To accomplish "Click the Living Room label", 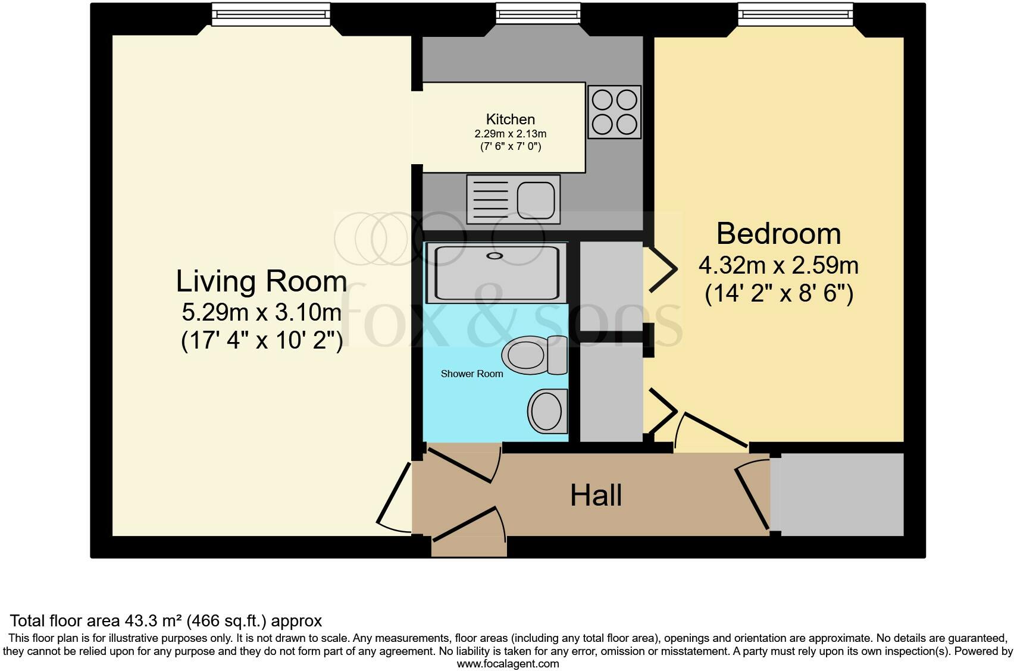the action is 261,281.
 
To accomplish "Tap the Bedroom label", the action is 778,234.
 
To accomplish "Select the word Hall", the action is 596,495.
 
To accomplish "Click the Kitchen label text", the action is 510,120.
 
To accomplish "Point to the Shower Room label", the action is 472,374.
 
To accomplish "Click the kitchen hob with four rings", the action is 614,112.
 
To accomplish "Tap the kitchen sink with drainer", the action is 514,199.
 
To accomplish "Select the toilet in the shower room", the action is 534,355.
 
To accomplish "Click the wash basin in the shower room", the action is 547,411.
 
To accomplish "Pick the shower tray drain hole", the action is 495,256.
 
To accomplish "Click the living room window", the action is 271,14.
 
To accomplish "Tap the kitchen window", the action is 538,13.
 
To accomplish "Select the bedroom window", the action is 796,14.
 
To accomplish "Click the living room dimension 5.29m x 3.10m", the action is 261,312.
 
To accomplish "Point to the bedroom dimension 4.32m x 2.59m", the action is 778,265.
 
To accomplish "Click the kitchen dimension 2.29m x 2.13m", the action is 510,134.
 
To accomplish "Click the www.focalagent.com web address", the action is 508,664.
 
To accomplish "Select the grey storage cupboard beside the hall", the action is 837,494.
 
